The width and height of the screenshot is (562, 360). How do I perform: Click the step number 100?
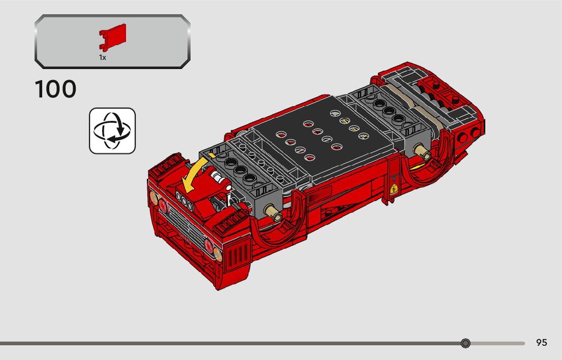click(55, 89)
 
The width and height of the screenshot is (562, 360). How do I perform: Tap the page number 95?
click(542, 342)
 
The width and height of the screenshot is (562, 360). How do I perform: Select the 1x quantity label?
click(103, 57)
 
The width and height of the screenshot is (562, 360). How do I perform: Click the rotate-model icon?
click(112, 130)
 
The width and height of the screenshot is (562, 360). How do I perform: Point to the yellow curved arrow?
click(195, 172)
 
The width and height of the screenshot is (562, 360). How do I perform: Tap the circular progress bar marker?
click(465, 343)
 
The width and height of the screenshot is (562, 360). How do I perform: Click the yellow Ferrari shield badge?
click(395, 188)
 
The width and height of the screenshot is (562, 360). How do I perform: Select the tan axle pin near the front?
click(273, 212)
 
